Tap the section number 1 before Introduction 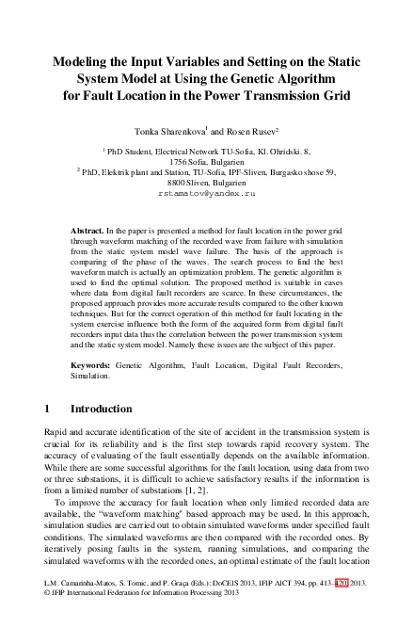(x=49, y=410)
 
